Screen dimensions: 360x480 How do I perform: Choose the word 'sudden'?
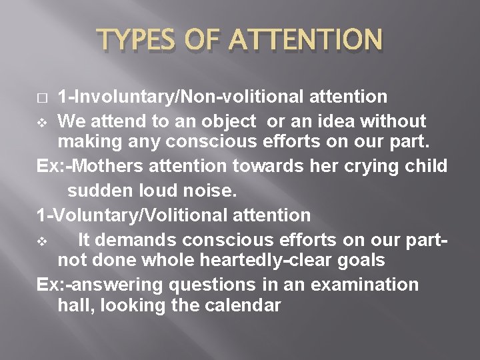pyautogui.click(x=100, y=191)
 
